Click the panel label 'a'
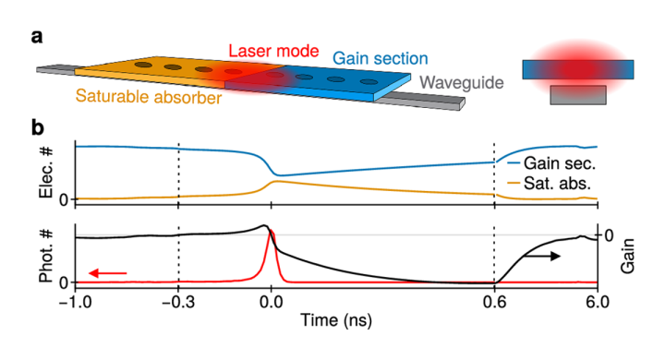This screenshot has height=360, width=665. [37, 38]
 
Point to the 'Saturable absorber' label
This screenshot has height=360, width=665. [150, 96]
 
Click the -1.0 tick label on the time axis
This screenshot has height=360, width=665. [73, 301]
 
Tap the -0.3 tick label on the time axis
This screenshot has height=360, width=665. [176, 301]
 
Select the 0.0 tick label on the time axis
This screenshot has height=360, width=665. [271, 301]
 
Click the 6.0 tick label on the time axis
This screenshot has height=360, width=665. [598, 301]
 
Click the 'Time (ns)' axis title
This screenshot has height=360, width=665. [337, 322]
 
